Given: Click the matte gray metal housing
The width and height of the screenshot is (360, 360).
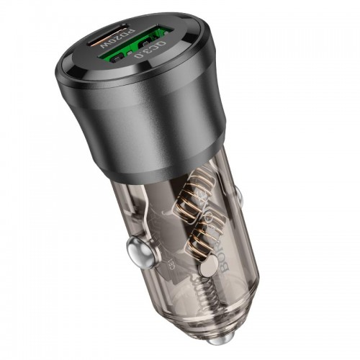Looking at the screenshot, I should coord(166,115).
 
